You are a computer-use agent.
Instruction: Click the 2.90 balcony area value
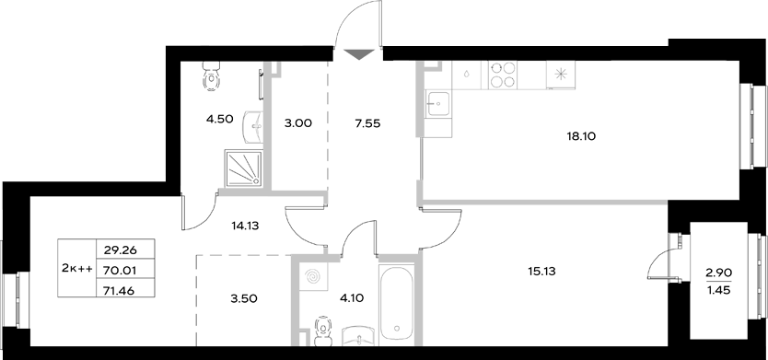tap(720, 272)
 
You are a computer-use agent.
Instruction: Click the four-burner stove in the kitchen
tap(502, 73)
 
